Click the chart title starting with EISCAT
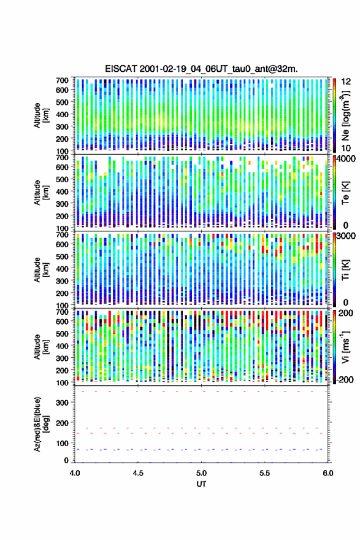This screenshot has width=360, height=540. [201, 69]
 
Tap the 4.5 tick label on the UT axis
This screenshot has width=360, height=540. [138, 473]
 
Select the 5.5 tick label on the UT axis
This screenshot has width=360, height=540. [265, 473]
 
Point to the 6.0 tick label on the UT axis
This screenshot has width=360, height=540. [328, 473]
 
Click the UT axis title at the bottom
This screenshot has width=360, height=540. [201, 484]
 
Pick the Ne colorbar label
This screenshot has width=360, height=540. [345, 115]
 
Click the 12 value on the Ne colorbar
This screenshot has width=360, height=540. [347, 82]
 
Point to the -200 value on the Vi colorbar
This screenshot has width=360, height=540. [345, 379]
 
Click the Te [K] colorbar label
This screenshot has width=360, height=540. [345, 192]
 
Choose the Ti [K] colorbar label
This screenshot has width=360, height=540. [345, 269]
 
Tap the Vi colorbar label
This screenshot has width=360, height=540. [345, 346]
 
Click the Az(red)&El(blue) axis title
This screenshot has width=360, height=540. [40, 424]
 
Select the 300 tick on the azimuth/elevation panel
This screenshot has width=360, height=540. [63, 403]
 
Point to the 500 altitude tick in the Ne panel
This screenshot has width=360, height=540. [63, 102]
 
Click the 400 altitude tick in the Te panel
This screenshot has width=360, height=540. [63, 191]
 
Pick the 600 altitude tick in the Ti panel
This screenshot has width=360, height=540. [63, 244]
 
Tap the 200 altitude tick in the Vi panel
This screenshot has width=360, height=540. [63, 370]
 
